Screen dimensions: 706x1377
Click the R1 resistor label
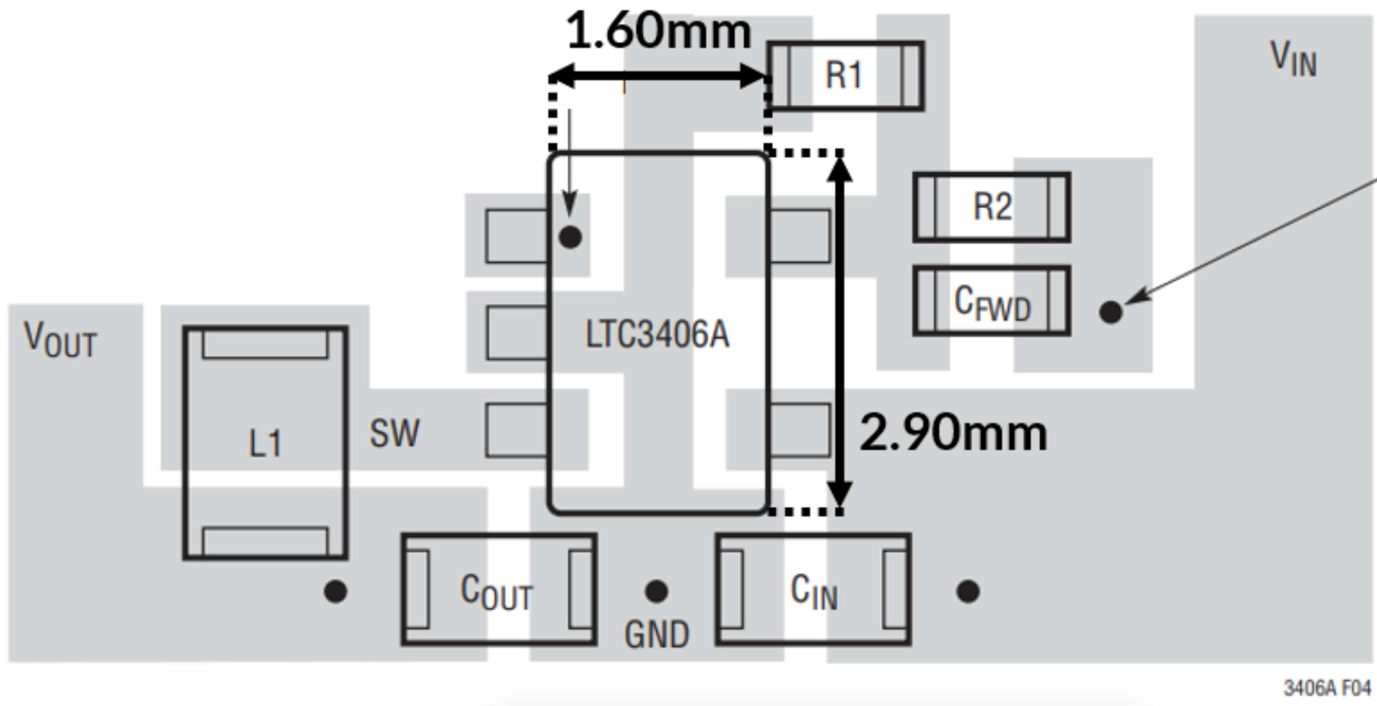coord(843,75)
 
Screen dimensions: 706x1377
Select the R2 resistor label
coord(992,207)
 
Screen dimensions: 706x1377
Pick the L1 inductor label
coord(265,443)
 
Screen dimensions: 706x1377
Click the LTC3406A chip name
coord(657,334)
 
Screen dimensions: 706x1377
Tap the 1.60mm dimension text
coord(658,31)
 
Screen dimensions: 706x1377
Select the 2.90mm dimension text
coord(953,433)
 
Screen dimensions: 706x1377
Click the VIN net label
coord(1294,60)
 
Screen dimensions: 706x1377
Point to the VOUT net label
coord(60,340)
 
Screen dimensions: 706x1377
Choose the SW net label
coord(394,433)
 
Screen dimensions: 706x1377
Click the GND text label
coord(656,634)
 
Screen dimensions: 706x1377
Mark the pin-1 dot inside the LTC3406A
coord(570,237)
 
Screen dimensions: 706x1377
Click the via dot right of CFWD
coord(1111,312)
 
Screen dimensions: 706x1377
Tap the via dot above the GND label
coord(656,591)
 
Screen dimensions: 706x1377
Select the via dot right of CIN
coord(968,591)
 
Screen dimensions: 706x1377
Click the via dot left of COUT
coord(335,591)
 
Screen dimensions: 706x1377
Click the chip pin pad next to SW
coord(516,430)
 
